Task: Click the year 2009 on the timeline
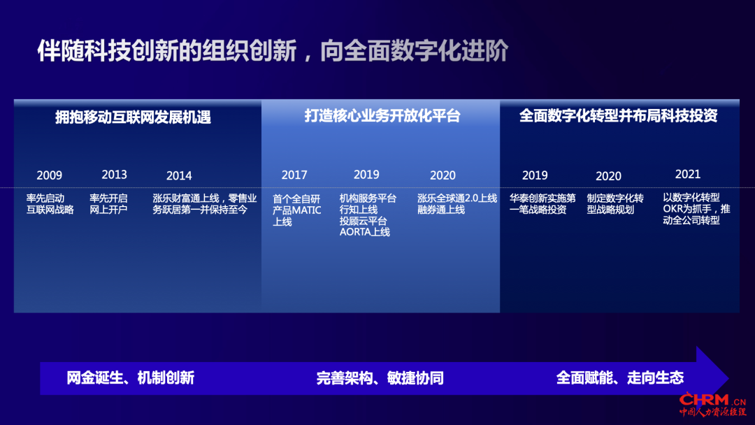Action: tap(49, 175)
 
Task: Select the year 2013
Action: tap(114, 175)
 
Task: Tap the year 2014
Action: tap(179, 176)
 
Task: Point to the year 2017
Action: tap(294, 175)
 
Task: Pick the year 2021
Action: tap(688, 174)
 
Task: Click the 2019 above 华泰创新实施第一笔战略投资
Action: tap(535, 175)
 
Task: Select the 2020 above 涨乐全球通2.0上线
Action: tap(443, 175)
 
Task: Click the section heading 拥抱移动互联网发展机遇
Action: tap(133, 117)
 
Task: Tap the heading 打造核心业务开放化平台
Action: tap(382, 116)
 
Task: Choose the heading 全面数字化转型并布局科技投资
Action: tap(618, 116)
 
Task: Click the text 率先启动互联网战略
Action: tap(50, 204)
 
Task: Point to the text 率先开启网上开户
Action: tap(108, 204)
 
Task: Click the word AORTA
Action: tap(355, 233)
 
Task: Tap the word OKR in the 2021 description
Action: tap(673, 209)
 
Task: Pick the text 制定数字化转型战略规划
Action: tap(615, 204)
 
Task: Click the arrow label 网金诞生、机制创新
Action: tap(131, 378)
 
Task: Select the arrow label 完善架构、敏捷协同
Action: tap(380, 378)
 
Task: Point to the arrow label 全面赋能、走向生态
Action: tap(619, 378)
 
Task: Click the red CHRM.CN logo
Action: tap(712, 404)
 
